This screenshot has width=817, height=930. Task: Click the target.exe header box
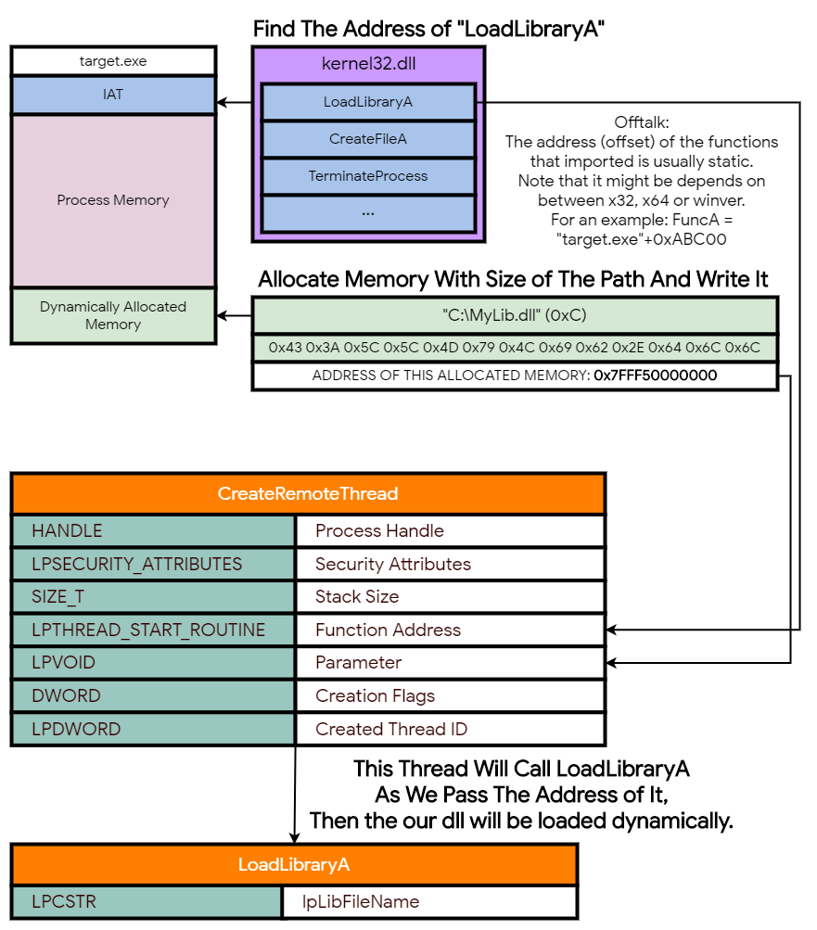tap(113, 62)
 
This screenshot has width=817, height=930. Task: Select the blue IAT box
tap(113, 96)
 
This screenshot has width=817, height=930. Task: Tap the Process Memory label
tap(113, 200)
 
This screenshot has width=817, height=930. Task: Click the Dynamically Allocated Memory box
tap(113, 316)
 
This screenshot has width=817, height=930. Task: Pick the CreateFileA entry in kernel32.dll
tap(368, 139)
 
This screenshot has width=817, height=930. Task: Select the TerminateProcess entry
tap(368, 175)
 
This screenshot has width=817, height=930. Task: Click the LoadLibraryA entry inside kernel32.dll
tap(368, 102)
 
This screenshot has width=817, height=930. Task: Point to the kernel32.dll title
tap(368, 65)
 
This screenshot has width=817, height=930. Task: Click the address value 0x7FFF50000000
tap(655, 376)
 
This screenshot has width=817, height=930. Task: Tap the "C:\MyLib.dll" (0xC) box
tap(515, 314)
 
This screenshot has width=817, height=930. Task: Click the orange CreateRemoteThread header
tap(308, 493)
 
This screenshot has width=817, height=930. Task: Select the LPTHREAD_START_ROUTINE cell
tap(153, 631)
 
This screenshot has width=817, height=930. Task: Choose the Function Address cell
tap(450, 631)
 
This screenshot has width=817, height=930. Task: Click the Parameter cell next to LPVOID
tap(450, 663)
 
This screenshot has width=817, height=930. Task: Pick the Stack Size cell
tap(450, 596)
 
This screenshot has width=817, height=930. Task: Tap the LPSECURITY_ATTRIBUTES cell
tap(153, 564)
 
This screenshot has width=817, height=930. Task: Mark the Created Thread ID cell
tap(450, 729)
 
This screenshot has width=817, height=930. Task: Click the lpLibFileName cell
tap(428, 901)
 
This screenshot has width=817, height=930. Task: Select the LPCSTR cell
tap(147, 901)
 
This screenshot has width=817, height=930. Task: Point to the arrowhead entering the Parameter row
tap(613, 663)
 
